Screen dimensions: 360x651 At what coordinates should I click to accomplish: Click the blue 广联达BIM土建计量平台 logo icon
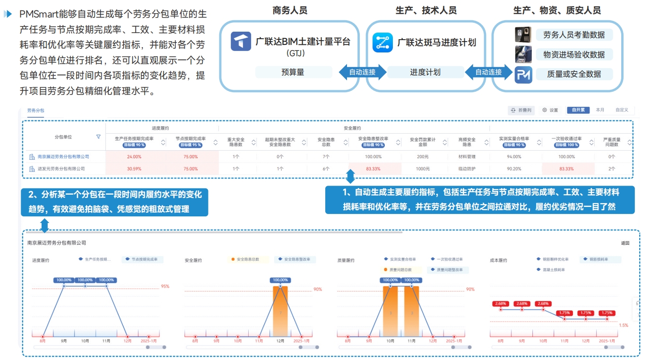241,41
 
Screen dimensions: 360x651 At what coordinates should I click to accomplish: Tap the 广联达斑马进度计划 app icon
382,42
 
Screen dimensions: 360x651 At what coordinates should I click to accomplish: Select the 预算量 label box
293,72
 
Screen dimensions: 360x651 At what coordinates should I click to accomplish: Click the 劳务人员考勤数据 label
574,34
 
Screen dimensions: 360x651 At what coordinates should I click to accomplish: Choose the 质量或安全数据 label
574,74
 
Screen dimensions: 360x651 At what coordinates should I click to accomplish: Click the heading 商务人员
290,10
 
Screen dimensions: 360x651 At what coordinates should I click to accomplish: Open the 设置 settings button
550,110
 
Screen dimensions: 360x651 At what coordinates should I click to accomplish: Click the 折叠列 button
521,110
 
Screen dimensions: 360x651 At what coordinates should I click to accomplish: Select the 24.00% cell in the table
135,156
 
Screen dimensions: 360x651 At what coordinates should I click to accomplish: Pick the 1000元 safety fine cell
423,169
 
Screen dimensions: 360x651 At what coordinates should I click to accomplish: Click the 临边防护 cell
467,169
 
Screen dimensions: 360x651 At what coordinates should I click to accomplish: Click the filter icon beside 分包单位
98,137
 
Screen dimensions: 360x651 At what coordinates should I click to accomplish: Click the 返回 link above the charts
625,243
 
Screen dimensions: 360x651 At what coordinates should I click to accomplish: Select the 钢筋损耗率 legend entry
599,259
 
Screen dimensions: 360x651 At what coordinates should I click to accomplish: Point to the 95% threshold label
165,286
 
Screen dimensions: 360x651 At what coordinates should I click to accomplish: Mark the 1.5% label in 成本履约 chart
623,325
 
